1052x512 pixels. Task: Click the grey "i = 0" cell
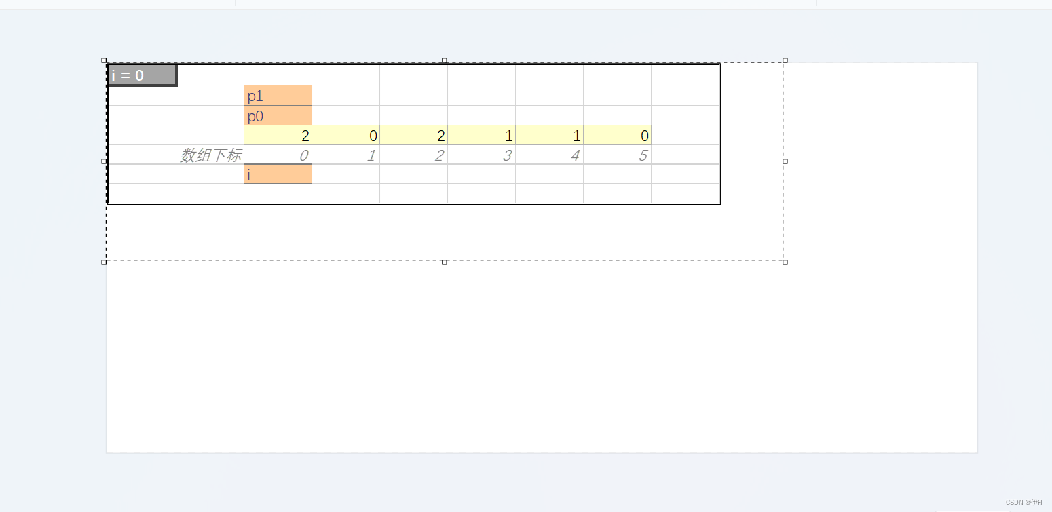[x=142, y=75]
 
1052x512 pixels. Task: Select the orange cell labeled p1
[x=278, y=96]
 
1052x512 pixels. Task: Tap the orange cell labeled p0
[x=278, y=116]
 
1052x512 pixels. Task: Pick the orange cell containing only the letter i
[x=278, y=174]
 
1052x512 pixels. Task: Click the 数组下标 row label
[x=210, y=155]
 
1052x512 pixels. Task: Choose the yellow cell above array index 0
[x=278, y=135]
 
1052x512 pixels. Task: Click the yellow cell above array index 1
[x=345, y=135]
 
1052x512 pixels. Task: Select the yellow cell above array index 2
[x=413, y=135]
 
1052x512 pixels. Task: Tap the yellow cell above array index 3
[x=481, y=135]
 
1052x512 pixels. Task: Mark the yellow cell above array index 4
[x=549, y=135]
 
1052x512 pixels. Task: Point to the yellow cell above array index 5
[x=617, y=135]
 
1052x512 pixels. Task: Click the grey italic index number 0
[x=304, y=155]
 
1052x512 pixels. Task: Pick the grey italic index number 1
[x=371, y=155]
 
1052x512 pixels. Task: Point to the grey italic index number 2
[x=439, y=155]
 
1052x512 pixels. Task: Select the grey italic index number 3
[x=507, y=155]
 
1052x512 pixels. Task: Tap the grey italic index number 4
[x=575, y=155]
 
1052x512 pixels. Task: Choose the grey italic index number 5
[x=643, y=155]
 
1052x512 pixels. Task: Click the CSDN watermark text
[x=1023, y=503]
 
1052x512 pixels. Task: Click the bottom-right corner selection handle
[x=785, y=262]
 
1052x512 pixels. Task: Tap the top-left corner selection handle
[x=104, y=60]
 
